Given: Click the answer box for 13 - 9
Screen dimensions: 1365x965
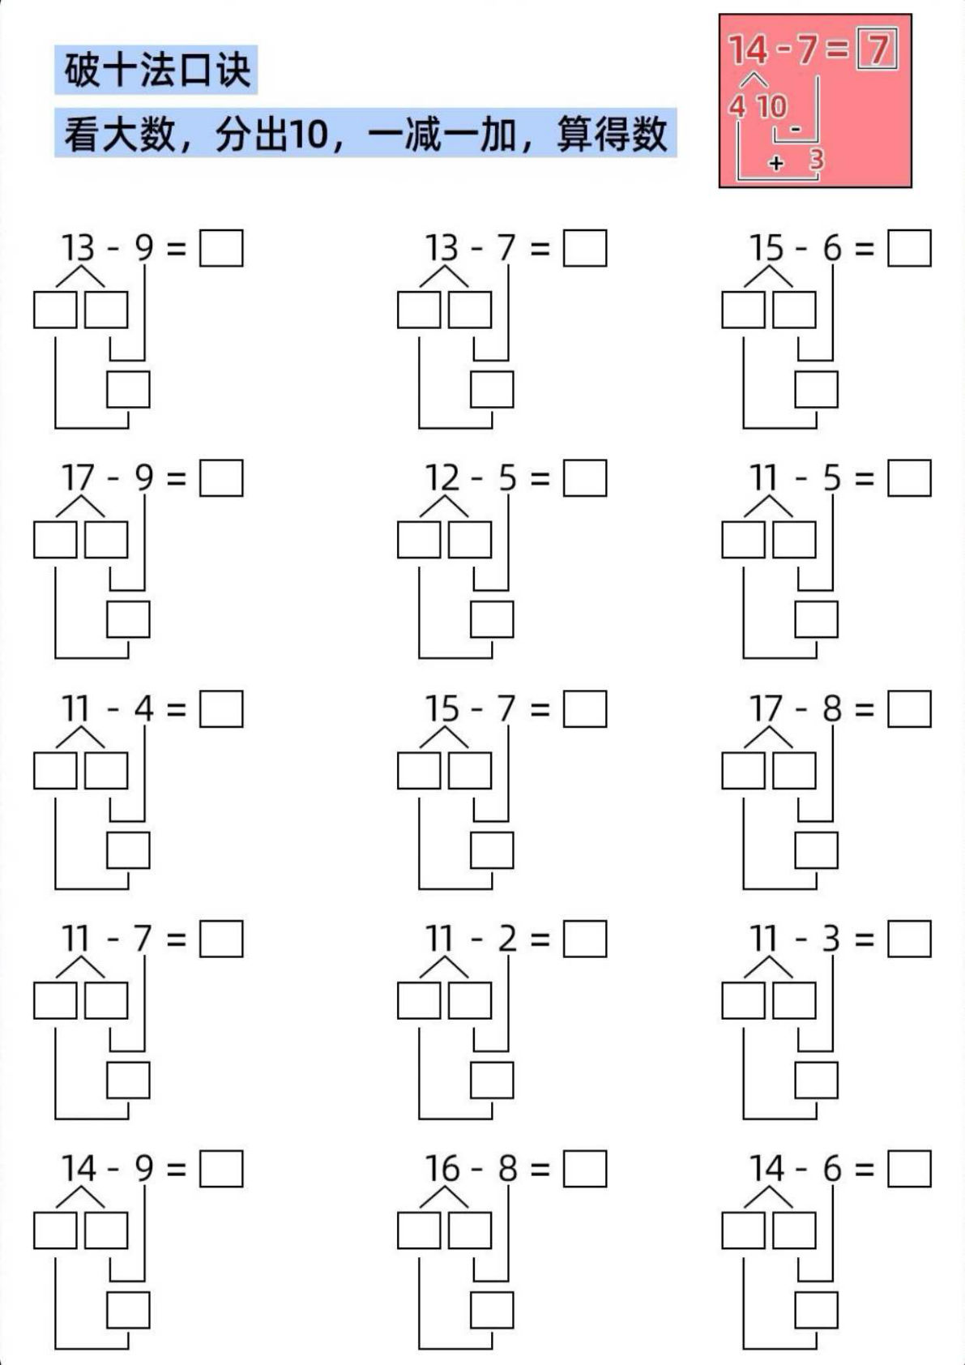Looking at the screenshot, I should [x=221, y=249].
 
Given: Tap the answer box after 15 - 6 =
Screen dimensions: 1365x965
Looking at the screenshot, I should [x=909, y=249].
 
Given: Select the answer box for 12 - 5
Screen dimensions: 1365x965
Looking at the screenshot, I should [x=585, y=479].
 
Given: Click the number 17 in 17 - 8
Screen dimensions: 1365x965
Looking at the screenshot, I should [x=766, y=709].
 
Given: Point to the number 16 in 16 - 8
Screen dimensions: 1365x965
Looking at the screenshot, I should [x=442, y=1169].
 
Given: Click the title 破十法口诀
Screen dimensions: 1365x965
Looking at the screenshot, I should [x=157, y=70].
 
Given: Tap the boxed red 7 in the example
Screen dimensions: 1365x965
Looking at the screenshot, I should [x=877, y=49].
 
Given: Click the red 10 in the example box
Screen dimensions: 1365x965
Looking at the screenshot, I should [x=771, y=106].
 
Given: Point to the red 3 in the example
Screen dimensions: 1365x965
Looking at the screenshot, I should [x=816, y=160].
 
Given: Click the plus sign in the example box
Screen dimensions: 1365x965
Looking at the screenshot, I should [x=776, y=163].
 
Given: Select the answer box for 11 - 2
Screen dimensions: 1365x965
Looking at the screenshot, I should [x=585, y=939].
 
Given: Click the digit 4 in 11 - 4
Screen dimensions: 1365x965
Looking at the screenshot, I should [x=143, y=709].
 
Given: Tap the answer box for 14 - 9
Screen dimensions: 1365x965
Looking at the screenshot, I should [x=221, y=1170].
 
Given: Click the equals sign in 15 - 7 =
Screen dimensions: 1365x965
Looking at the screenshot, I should [x=540, y=710].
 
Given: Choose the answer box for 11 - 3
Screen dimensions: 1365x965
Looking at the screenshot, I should [x=909, y=939].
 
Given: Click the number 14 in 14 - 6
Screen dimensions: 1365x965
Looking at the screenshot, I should [x=766, y=1169].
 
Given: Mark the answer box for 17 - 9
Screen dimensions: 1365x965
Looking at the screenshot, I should [x=221, y=479].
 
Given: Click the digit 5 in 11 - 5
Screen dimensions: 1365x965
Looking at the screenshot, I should [x=831, y=479].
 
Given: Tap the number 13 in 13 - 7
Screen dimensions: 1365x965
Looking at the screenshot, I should [x=442, y=248].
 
